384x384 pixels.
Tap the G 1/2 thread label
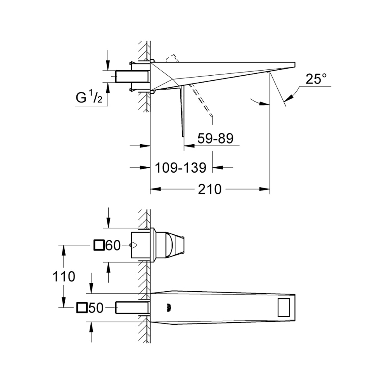click(x=89, y=97)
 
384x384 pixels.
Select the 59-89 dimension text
click(x=215, y=138)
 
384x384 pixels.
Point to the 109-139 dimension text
click(x=181, y=168)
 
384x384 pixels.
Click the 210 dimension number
click(x=209, y=189)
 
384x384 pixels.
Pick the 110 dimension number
click(x=64, y=277)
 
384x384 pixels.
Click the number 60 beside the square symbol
click(x=113, y=246)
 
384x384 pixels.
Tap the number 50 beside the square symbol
click(x=96, y=308)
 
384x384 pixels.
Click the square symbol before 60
click(x=99, y=245)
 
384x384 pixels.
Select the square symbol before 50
click(x=82, y=308)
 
